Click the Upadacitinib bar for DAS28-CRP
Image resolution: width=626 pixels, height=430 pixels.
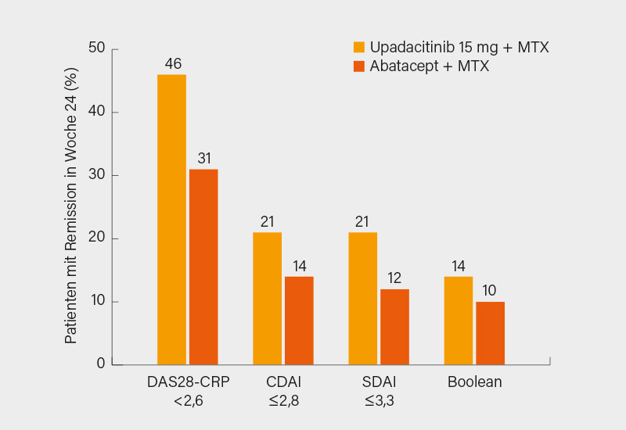click(171, 219)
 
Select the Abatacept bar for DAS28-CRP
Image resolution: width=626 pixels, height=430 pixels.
click(203, 267)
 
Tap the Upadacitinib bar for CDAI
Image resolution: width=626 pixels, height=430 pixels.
click(267, 298)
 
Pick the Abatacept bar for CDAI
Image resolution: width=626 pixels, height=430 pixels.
click(299, 320)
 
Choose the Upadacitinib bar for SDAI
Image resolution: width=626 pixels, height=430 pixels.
click(362, 298)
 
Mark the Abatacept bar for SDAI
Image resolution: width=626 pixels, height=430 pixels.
click(394, 326)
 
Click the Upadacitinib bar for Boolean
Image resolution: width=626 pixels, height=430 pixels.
click(458, 320)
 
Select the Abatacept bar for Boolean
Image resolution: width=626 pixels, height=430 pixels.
click(490, 332)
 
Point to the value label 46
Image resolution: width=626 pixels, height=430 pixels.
click(172, 63)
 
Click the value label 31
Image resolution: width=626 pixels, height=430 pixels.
click(204, 158)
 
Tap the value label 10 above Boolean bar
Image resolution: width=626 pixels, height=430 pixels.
click(490, 290)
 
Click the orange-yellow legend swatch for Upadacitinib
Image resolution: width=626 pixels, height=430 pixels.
click(359, 48)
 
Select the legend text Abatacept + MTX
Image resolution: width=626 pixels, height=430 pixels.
click(430, 66)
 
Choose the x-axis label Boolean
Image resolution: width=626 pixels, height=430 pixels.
click(474, 382)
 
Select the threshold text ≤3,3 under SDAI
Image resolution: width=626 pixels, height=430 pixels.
click(379, 402)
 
